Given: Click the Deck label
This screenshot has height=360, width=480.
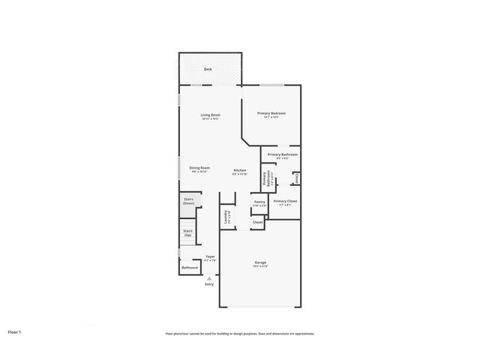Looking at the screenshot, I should click(x=208, y=70).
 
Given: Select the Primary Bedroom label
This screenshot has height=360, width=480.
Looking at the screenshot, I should click(x=271, y=113).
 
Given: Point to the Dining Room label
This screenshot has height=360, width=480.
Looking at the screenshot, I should click(x=199, y=168).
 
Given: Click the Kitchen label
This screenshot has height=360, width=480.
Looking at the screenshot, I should click(x=239, y=170).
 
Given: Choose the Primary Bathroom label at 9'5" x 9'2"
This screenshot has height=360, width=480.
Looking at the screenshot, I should click(x=282, y=154).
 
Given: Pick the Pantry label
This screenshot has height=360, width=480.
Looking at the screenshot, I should click(x=259, y=202).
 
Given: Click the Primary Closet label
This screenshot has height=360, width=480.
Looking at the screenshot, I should click(x=285, y=201).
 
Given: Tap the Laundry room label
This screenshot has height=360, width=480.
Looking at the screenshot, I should click(x=226, y=217).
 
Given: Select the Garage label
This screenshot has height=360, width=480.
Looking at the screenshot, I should click(x=260, y=262).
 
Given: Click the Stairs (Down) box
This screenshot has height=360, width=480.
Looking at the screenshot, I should click(x=189, y=201).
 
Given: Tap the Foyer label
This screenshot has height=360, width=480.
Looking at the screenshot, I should click(x=210, y=256).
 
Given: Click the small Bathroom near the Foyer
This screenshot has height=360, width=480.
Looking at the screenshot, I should click(x=190, y=267).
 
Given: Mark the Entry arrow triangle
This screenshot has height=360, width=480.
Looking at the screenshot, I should click(x=208, y=277).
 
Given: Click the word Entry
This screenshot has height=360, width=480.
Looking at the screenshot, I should click(x=208, y=284).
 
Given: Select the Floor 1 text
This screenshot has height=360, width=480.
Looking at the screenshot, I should click(x=15, y=331).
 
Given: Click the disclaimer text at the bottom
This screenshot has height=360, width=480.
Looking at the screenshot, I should click(x=240, y=334).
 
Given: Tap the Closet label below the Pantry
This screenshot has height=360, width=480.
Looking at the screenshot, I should click(x=257, y=223).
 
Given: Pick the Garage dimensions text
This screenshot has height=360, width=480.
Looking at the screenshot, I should click(x=260, y=267).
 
